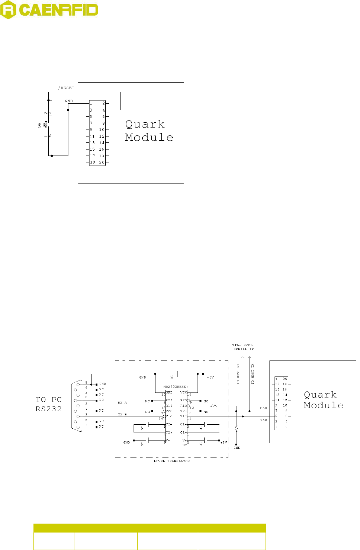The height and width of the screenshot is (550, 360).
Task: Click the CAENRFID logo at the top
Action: [49, 10]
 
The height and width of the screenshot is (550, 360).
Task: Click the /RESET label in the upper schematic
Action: [66, 88]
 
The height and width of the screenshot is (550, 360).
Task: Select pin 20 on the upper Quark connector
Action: [102, 163]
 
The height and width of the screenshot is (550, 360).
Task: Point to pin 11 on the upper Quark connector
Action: [92, 136]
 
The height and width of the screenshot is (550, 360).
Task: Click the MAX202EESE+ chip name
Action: [176, 387]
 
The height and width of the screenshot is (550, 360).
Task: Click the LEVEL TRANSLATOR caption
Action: [172, 461]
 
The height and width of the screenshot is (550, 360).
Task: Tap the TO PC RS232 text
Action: [48, 404]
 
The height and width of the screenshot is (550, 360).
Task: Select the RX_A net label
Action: [122, 403]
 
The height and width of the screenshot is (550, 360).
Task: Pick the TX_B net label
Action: [122, 414]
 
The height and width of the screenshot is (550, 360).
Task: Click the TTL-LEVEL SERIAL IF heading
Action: [243, 347]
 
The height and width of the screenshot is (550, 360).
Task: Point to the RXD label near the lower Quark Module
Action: [263, 408]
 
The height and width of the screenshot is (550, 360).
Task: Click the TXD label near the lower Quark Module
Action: [263, 420]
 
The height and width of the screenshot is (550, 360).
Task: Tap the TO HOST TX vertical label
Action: [253, 374]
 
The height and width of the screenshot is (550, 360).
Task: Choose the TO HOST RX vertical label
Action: [238, 374]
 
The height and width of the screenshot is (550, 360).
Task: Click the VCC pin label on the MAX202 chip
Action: [183, 392]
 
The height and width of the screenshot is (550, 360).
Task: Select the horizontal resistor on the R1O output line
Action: [214, 406]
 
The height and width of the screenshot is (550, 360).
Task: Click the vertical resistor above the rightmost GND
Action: [236, 429]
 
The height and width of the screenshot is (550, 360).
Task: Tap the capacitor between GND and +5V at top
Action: [177, 374]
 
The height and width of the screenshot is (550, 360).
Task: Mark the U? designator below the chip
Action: [184, 445]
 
